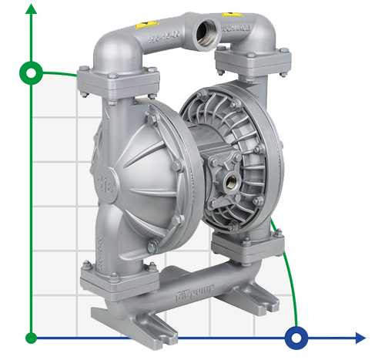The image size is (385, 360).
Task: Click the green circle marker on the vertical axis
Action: (31, 73)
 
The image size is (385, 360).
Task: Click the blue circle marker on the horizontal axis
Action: (296, 337)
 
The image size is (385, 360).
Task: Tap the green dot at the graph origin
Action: (31, 337)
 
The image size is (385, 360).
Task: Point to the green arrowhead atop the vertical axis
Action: (31, 9)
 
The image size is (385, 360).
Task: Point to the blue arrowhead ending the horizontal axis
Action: (360, 337)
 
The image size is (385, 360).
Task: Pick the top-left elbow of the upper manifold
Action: (108, 46)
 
